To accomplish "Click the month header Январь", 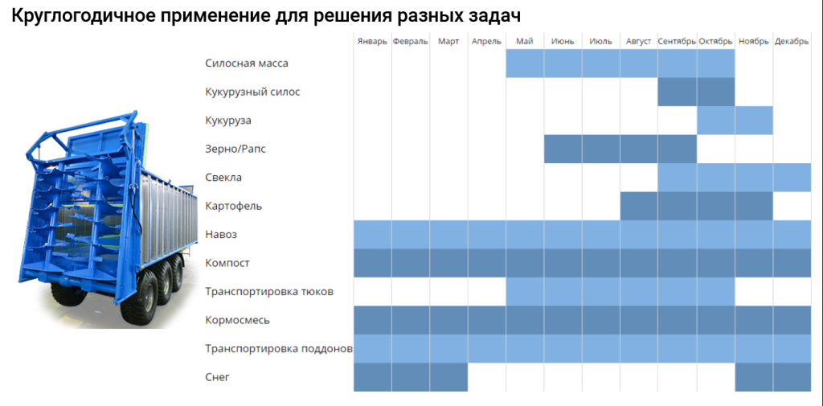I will coord(372,42).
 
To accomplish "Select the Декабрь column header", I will coord(792,42).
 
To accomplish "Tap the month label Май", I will coord(525,42).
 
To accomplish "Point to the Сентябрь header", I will coord(677,42).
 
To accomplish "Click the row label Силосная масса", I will coord(247,64).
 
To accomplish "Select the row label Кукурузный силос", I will coord(252,92).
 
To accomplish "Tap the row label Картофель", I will coord(233,206).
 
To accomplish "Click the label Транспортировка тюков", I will coord(268,291).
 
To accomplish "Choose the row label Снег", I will coord(217,376).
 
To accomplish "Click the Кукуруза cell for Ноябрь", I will coord(754,121).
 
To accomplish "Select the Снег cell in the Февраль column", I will coord(411,377).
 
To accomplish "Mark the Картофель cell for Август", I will coord(639,206).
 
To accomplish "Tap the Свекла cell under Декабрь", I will coord(792,177).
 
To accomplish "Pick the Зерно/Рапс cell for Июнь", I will coord(563,149).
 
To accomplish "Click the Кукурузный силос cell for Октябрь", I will coord(715,92).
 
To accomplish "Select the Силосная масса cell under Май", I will coord(525,64).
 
